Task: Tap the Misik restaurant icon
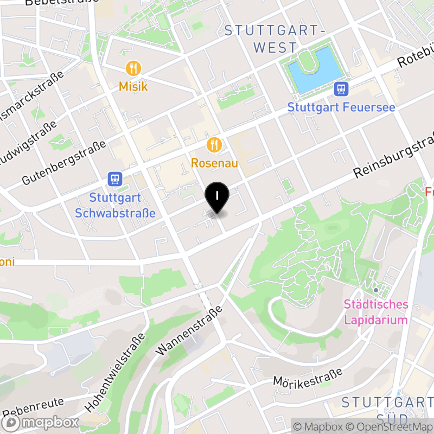point(133,68)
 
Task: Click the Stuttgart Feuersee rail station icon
point(341,88)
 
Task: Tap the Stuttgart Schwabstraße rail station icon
point(114,178)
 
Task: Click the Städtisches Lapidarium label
point(375,311)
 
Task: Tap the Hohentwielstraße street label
point(116,372)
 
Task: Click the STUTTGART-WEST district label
point(275,39)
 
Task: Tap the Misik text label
point(133,86)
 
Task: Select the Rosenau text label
point(214,163)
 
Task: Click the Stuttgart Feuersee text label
point(341,107)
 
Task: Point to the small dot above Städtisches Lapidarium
point(375,290)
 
